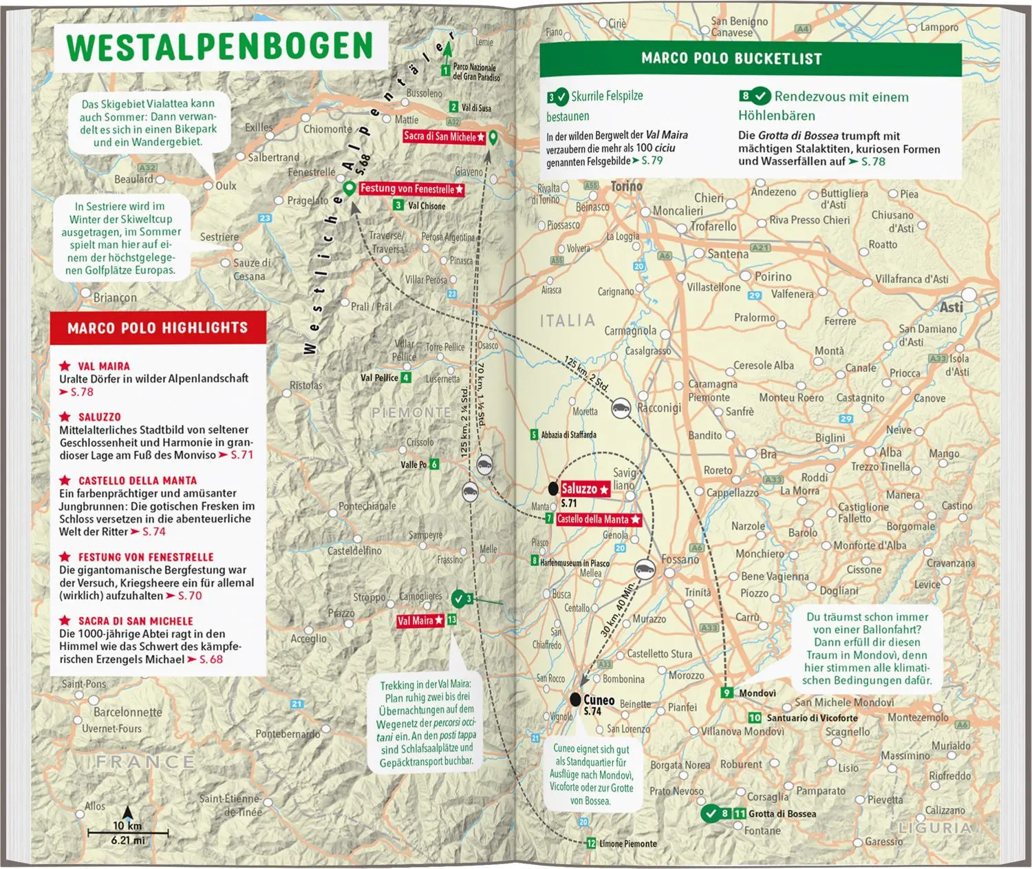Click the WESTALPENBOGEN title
(219, 47)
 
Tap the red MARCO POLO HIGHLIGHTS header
(158, 328)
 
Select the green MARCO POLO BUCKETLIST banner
(731, 59)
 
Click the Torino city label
(626, 187)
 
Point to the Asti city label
(952, 307)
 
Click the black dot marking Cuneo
(575, 700)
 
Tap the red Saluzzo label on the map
(584, 489)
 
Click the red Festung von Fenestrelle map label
(411, 189)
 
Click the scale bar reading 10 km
(128, 830)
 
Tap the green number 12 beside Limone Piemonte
(591, 844)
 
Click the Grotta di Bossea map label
(782, 814)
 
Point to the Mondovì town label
(757, 693)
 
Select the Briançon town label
(115, 297)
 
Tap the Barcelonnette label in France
(128, 712)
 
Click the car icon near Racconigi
(621, 408)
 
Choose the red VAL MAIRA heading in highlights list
(103, 366)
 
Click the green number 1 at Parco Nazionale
(445, 70)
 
